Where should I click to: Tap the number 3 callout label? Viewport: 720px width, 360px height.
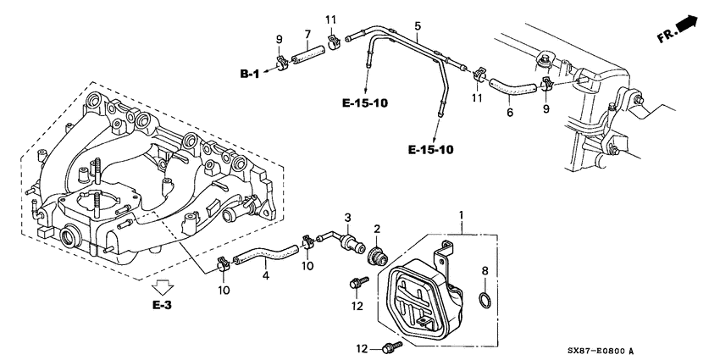coord(346,219)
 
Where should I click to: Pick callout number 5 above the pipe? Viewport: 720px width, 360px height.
coord(418,27)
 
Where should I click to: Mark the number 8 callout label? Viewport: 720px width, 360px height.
coord(484,271)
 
